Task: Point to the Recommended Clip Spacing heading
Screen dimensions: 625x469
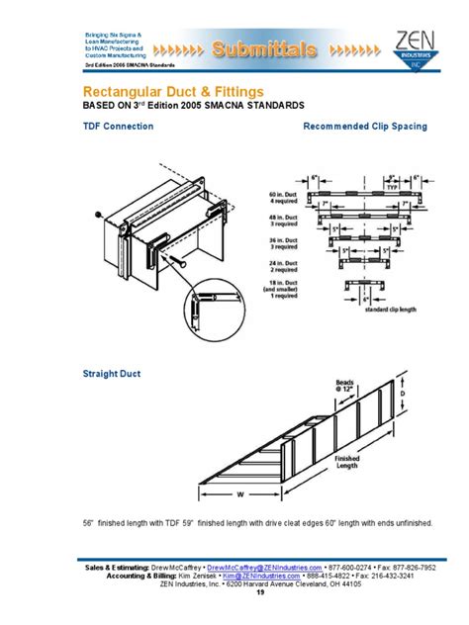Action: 364,127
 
